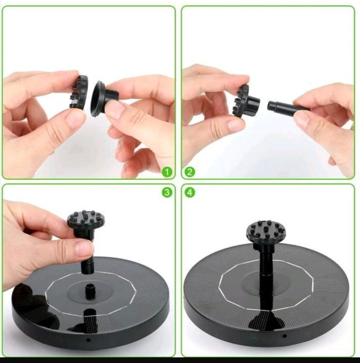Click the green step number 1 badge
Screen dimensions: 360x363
(167, 172)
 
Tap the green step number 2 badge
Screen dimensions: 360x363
(190, 172)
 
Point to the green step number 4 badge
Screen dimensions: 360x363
(190, 192)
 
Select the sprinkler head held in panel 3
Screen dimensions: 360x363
(86, 223)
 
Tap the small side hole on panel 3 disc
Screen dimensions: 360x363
(88, 340)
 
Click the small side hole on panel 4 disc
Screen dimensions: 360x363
(285, 336)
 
